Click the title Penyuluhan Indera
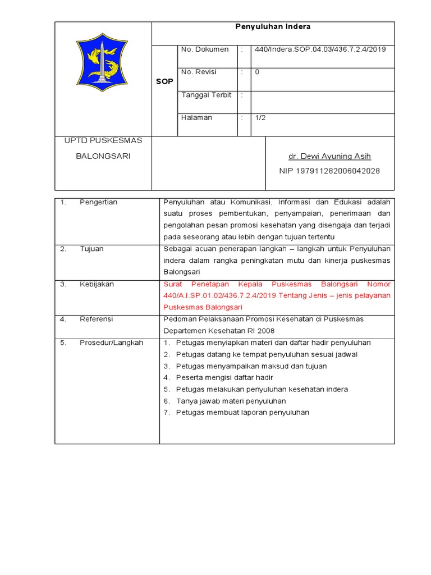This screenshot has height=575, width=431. pos(272,26)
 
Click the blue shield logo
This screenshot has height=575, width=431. pos(102,62)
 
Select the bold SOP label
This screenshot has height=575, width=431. pos(164,81)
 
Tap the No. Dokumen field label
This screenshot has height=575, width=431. pos(205,49)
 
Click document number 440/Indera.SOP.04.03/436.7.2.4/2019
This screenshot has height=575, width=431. pos(320,49)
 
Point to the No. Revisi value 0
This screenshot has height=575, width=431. pos(257,72)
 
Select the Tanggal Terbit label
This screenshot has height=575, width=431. pos(206,95)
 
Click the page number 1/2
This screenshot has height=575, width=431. pos(260,118)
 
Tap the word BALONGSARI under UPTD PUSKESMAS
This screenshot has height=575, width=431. pos(103,156)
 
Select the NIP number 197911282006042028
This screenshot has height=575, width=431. pos(329,171)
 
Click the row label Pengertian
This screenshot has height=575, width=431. pos(98,202)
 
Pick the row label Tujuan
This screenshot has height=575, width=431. pos(91,249)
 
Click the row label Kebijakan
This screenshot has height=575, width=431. pos(97,284)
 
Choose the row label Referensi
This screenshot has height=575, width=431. pos(96,319)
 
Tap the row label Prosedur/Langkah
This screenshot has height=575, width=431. pos(111,343)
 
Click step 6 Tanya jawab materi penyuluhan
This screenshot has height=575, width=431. pos(231,401)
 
